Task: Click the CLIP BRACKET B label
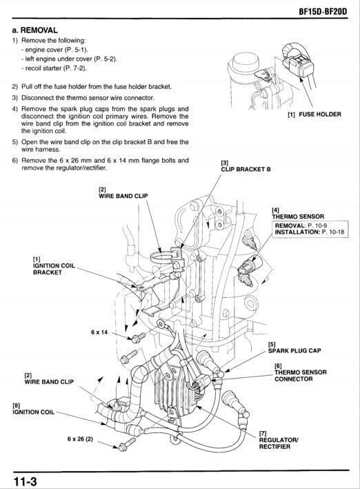click(245, 168)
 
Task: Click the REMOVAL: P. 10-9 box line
click(301, 226)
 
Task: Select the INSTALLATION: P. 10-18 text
click(312, 233)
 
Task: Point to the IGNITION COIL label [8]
click(33, 412)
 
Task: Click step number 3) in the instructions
click(14, 97)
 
